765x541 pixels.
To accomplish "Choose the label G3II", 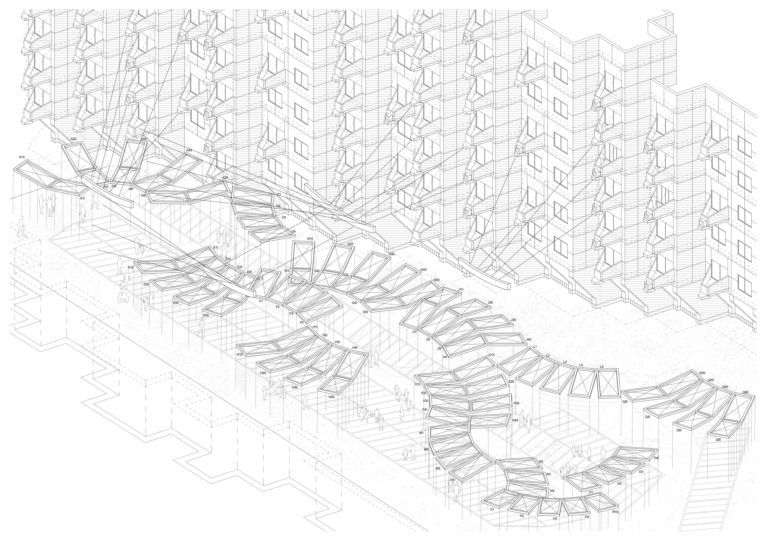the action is click(x=392, y=254).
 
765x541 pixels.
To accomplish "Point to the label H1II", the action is click(x=240, y=355).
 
